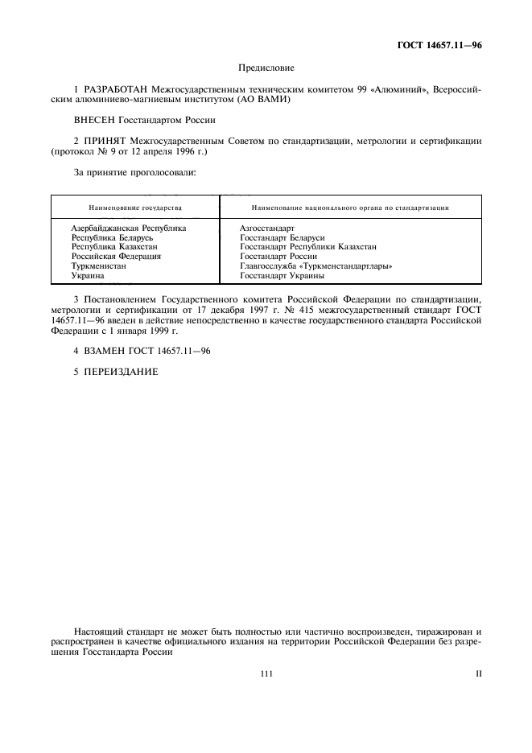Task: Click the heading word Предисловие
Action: click(266, 69)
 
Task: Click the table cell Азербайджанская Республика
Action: click(129, 228)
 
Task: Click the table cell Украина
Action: click(89, 275)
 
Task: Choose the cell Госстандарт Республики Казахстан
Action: click(308, 247)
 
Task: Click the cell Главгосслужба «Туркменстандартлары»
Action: click(321, 265)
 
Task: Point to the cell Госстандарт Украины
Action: click(282, 275)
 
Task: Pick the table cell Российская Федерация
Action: click(117, 257)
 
